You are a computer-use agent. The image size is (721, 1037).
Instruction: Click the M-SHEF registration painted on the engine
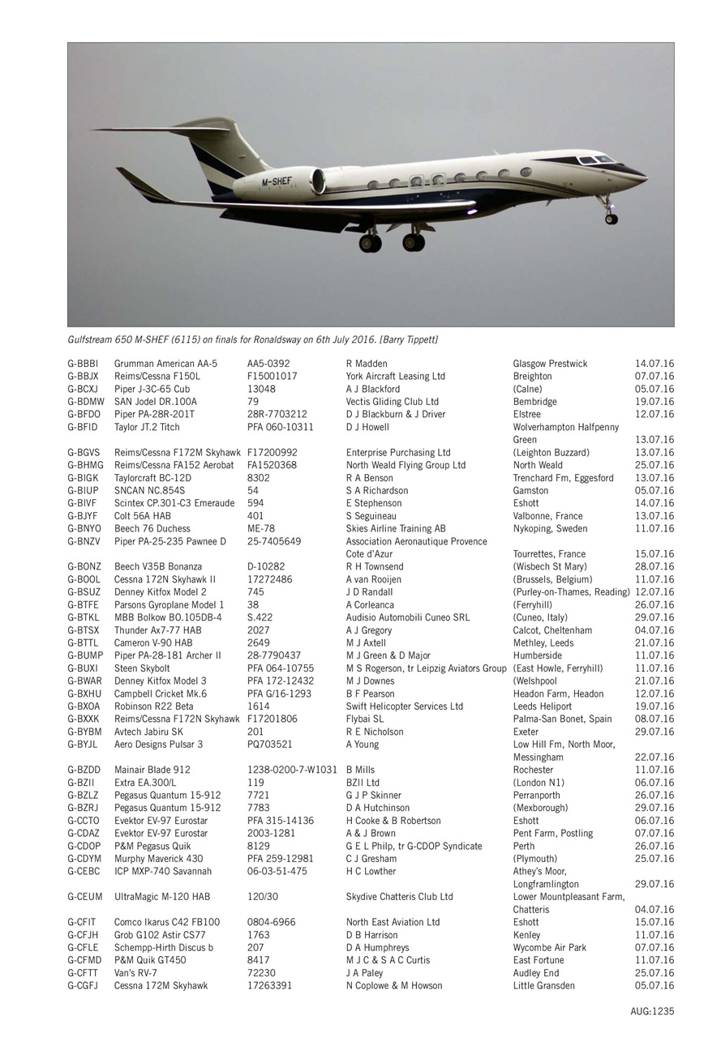pos(277,183)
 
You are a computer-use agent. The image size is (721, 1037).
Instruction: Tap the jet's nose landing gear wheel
pos(611,218)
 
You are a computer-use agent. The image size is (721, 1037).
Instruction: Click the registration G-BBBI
pos(83,364)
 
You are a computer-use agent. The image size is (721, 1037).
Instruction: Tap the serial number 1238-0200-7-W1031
pos(292,770)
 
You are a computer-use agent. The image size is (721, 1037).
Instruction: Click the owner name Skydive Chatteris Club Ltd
pos(400,897)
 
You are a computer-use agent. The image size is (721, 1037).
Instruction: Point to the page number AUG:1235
pos(652,1011)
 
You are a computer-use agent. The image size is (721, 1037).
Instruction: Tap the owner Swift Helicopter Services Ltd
pos(405,706)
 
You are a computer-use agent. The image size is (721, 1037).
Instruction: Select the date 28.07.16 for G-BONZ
pos(654,567)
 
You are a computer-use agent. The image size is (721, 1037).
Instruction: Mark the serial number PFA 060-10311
pos(281,427)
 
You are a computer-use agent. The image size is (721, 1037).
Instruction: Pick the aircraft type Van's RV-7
pos(135,973)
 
